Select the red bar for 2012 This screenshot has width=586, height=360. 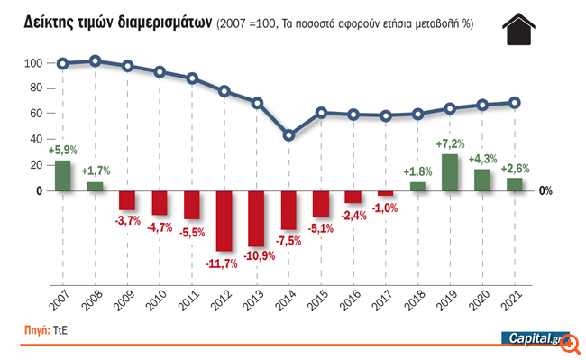[x=224, y=220]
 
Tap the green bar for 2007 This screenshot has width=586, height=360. [x=62, y=175]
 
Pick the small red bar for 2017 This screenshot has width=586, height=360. [x=385, y=193]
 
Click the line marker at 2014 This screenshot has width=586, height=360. [x=288, y=135]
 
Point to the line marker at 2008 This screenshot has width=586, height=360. [x=95, y=61]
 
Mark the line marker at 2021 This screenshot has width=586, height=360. [x=514, y=103]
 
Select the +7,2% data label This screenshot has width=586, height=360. [x=449, y=144]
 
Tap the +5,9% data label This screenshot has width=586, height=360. [x=62, y=150]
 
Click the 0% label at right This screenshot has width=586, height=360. [x=545, y=190]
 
